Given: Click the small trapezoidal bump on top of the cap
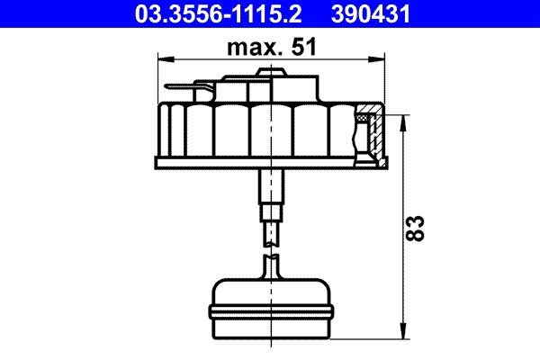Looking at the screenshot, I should coord(265,70).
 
